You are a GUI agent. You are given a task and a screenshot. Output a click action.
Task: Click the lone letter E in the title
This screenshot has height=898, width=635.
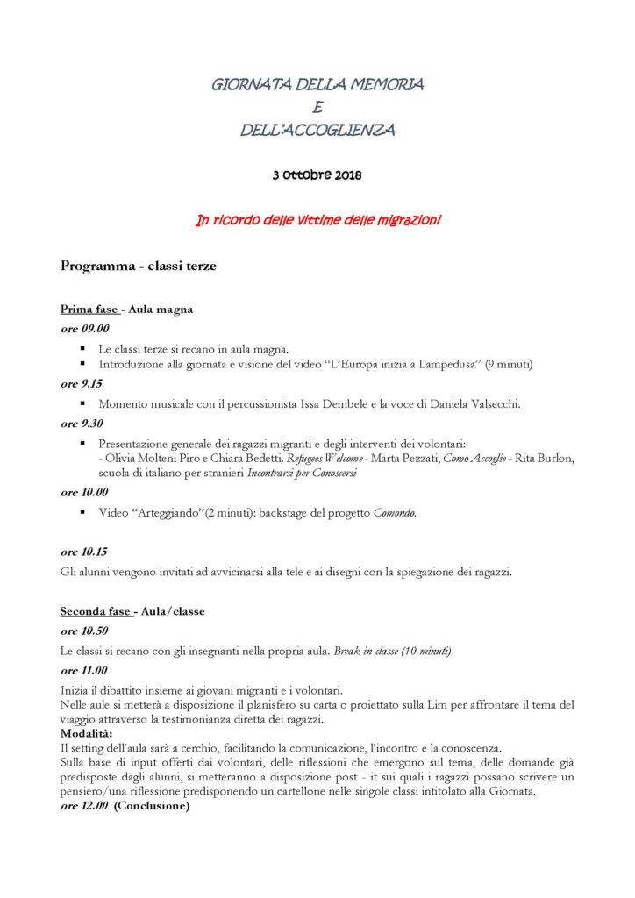click(x=317, y=108)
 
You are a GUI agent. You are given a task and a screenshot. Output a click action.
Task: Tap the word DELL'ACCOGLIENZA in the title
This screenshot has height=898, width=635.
click(x=317, y=131)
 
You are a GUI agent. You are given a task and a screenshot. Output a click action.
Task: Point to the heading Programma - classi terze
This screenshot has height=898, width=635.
click(x=138, y=266)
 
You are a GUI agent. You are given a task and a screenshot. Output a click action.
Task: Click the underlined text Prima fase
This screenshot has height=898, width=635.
click(x=89, y=309)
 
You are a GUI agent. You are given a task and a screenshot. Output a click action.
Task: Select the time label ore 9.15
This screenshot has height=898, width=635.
click(x=82, y=383)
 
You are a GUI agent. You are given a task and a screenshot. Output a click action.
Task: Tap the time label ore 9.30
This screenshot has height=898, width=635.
click(x=82, y=424)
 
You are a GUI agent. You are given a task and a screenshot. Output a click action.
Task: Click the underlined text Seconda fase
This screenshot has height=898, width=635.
click(x=95, y=611)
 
